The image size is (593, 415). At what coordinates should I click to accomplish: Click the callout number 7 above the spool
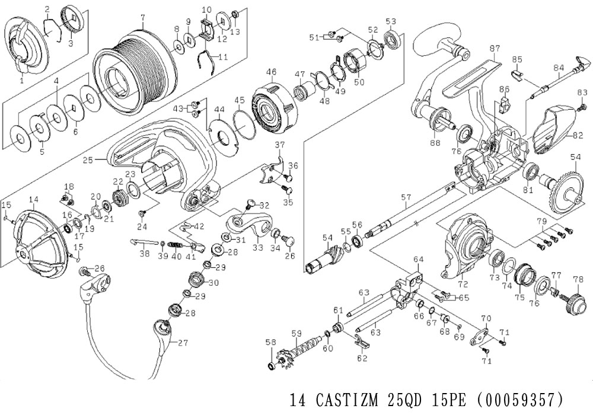(142, 17)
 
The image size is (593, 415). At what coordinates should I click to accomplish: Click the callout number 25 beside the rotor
(88, 160)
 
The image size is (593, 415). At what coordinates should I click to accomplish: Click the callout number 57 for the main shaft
(406, 197)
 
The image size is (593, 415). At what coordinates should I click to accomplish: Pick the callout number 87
(495, 49)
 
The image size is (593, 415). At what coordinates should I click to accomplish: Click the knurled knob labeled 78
(575, 303)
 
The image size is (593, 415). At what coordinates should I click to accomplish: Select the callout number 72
(463, 284)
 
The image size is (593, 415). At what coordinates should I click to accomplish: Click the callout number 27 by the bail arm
(183, 343)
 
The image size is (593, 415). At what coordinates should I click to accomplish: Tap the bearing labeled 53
(393, 39)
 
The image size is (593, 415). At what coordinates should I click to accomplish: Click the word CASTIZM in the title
(347, 400)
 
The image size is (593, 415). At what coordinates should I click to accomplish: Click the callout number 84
(559, 68)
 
